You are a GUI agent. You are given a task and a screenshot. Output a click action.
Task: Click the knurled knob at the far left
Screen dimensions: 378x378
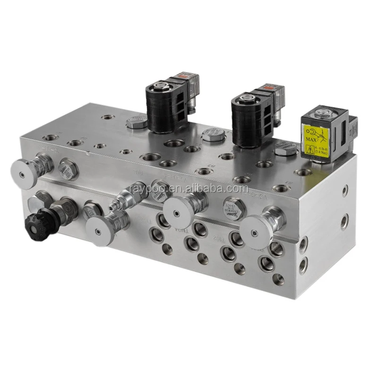[24, 172]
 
